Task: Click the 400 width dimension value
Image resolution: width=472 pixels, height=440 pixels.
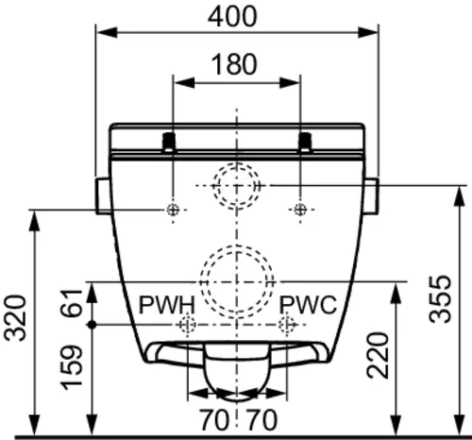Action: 232,17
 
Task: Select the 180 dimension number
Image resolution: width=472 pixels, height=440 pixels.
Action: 234,64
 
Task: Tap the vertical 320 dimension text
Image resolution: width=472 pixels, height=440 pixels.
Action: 15,318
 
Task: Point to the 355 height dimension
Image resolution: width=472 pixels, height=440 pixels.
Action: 440,299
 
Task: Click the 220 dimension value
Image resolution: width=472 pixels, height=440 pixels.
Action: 378,355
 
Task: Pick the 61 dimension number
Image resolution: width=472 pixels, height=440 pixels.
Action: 71,302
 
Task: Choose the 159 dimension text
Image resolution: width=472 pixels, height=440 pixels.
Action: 71,367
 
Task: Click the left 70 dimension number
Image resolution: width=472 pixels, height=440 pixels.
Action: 214,420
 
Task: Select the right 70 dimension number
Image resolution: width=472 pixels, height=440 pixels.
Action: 261,420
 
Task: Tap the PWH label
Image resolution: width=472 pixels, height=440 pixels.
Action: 167,305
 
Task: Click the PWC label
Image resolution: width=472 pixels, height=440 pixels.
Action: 308,305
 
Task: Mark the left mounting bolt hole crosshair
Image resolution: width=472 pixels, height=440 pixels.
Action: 173,210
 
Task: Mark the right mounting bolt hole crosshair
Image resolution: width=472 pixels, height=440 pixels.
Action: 300,210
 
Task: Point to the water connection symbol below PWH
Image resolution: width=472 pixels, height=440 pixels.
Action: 187,324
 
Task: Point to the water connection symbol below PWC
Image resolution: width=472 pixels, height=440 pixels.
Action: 287,324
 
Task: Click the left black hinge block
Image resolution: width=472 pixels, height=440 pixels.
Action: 169,142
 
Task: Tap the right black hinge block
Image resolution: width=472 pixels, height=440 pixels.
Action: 305,142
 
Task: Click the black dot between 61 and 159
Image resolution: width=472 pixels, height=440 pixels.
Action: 92,325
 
